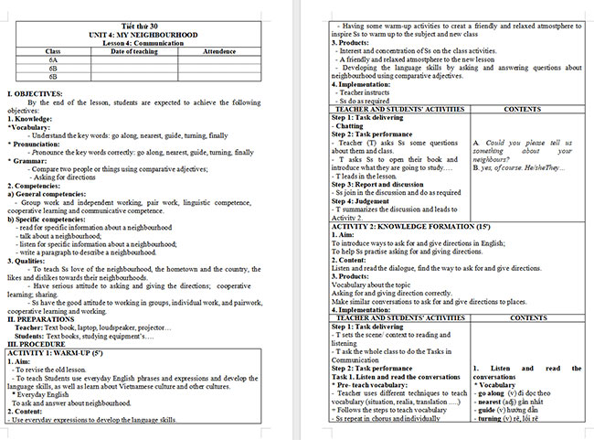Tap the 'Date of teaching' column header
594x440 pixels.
click(135, 51)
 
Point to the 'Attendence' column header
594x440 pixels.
click(219, 51)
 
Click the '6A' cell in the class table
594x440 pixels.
click(53, 59)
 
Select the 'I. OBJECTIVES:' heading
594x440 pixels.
click(35, 94)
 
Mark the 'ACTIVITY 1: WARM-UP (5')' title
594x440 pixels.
click(60, 350)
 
